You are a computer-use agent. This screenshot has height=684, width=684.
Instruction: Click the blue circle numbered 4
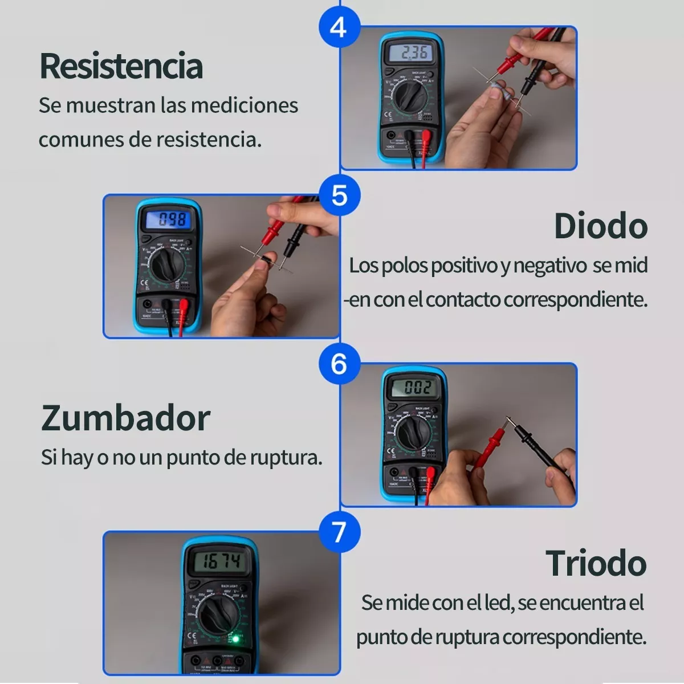(339, 27)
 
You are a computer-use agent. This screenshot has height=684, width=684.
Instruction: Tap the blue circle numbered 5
(339, 195)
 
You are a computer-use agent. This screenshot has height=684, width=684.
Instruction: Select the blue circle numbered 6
(339, 364)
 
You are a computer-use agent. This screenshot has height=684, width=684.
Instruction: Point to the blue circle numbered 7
(339, 532)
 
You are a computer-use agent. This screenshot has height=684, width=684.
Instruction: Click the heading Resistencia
(121, 66)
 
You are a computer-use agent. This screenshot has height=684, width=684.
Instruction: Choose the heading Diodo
(601, 226)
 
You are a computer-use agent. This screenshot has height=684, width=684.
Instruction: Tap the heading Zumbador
(125, 418)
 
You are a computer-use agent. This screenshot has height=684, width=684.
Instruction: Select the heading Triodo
(596, 563)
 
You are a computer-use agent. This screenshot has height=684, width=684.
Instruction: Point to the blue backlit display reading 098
(170, 219)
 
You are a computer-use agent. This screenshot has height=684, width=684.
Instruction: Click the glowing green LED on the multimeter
(234, 638)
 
